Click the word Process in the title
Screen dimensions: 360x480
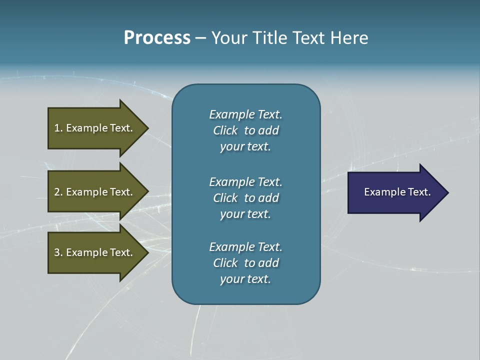pyautogui.click(x=157, y=38)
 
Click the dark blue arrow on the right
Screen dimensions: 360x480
pyautogui.click(x=395, y=192)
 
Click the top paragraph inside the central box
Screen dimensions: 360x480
pyautogui.click(x=245, y=130)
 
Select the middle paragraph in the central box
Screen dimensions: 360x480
pyautogui.click(x=245, y=198)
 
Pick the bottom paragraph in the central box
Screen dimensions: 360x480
pyautogui.click(x=245, y=263)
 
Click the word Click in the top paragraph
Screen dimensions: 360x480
pyautogui.click(x=225, y=130)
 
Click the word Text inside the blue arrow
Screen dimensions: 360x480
pyautogui.click(x=419, y=192)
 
